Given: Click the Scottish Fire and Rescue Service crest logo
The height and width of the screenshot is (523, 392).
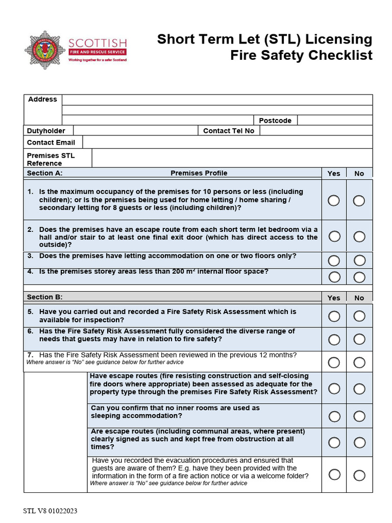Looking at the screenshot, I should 44,50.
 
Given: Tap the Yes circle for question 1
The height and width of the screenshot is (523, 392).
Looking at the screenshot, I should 334,200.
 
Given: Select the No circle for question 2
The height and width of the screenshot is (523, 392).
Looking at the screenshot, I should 359,236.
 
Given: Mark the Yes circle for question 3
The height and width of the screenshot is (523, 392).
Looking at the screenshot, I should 334,260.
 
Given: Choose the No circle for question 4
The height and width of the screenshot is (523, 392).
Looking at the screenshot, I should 359,277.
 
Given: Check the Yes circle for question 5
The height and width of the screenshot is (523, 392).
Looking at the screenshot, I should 334,316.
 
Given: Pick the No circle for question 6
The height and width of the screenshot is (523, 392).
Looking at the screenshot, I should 359,339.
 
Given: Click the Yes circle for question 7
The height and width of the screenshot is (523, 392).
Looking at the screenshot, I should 334,362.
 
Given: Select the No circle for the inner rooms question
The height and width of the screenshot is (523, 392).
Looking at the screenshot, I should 359,416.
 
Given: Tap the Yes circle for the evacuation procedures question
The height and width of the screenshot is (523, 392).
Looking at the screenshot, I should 334,474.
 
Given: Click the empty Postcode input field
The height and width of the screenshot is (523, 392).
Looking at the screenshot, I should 334,121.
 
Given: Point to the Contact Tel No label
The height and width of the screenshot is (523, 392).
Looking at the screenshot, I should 228,131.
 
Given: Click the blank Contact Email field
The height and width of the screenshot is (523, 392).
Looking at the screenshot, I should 227,142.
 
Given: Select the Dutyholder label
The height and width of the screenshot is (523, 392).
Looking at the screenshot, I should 46,131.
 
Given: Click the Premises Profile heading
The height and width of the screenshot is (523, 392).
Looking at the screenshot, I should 199,173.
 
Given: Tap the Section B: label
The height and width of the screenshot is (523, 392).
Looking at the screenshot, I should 44,297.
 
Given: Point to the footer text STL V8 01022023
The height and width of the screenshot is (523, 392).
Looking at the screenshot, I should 50,511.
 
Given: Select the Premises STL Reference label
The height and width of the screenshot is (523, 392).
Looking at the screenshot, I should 51,159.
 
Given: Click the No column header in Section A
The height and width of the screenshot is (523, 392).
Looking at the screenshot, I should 359,174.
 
